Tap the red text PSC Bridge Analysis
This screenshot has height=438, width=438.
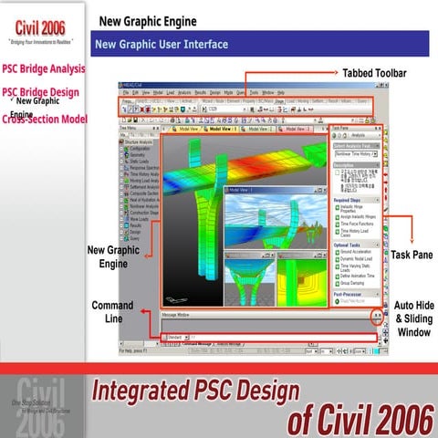click(43, 68)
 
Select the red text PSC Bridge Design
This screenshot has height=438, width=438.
click(41, 92)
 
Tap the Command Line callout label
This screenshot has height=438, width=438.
click(112, 311)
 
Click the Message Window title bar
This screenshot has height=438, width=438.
click(177, 314)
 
